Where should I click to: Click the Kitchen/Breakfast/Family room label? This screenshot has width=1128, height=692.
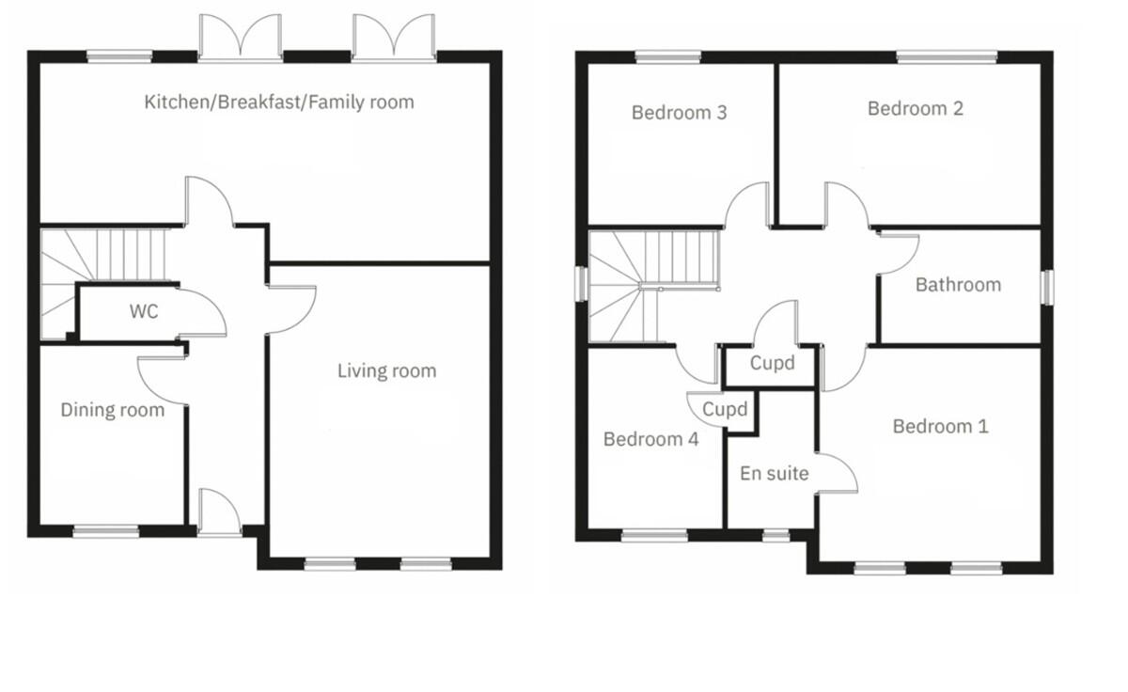(x=279, y=102)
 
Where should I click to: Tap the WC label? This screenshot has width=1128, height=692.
(x=144, y=312)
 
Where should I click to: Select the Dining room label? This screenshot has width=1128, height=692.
(x=112, y=410)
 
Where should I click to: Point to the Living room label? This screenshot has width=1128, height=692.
(x=386, y=371)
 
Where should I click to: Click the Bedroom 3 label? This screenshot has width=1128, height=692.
(x=679, y=112)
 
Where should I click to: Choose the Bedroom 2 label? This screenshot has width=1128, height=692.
(x=915, y=108)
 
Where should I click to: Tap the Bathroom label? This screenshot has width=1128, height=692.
(x=958, y=285)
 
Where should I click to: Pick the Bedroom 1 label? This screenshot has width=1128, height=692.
(x=940, y=427)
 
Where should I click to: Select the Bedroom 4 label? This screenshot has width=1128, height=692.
(x=650, y=439)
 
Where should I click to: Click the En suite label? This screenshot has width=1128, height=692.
(x=774, y=474)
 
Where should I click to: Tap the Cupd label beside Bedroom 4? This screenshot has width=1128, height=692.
(x=725, y=409)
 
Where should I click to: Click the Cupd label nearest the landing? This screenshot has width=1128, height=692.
(x=772, y=363)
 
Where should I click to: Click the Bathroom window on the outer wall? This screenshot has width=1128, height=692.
(x=1047, y=288)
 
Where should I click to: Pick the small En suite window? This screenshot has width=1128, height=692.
(x=776, y=535)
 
